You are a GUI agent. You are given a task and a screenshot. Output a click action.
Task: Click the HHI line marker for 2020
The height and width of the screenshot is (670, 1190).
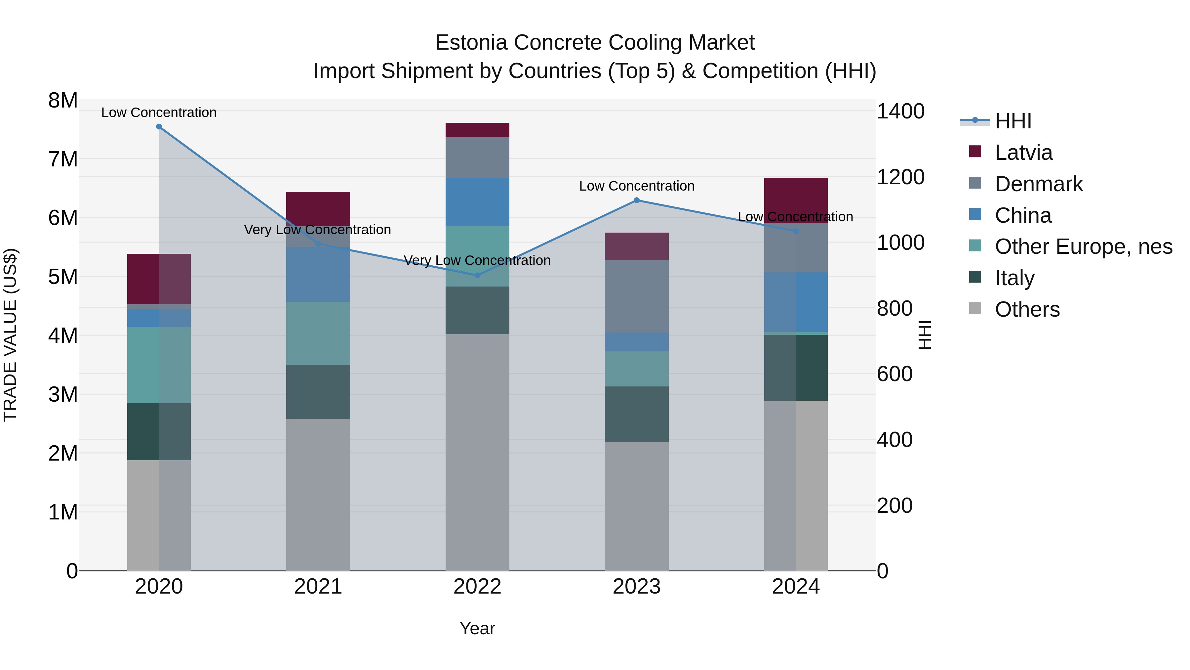click(159, 127)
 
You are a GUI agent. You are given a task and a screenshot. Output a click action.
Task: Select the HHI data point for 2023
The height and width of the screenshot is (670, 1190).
click(637, 200)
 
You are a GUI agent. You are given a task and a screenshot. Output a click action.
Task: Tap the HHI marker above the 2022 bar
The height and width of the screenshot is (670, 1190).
click(477, 276)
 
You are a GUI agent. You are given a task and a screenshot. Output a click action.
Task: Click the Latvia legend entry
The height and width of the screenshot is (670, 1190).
click(1023, 153)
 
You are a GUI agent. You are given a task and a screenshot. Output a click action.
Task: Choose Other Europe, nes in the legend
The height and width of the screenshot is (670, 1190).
click(1083, 246)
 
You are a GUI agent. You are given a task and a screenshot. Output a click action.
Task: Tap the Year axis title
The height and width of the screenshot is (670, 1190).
click(477, 628)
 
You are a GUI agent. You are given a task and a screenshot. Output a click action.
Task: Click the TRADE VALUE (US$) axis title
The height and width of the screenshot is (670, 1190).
click(10, 335)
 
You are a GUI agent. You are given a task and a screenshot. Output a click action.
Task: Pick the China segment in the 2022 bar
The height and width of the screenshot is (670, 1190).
click(477, 201)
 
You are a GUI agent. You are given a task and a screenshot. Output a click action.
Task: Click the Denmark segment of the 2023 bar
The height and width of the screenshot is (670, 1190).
click(637, 296)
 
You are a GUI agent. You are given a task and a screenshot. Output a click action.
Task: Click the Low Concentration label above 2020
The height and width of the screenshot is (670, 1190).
click(159, 112)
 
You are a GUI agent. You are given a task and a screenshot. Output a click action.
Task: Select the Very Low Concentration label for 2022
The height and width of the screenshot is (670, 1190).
click(477, 260)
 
